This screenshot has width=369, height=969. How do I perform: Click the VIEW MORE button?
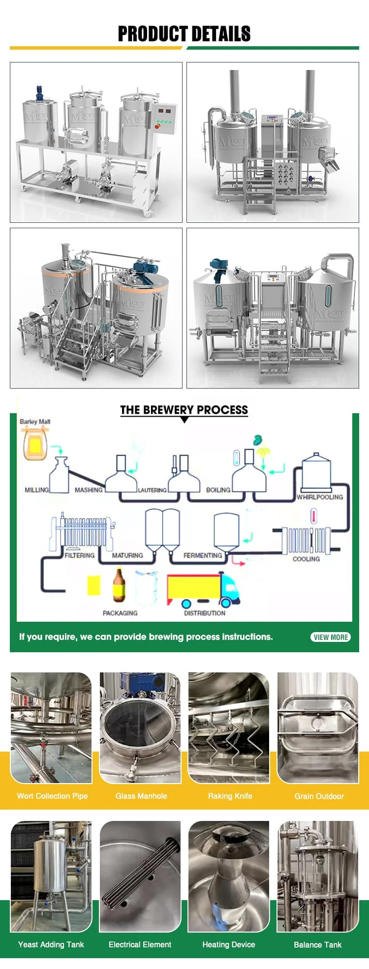pyautogui.click(x=331, y=637)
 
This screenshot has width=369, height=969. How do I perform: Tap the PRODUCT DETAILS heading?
pyautogui.click(x=184, y=34)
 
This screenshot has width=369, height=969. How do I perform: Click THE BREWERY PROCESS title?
pyautogui.click(x=184, y=410)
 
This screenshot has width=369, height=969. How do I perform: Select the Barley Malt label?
pyautogui.click(x=35, y=422)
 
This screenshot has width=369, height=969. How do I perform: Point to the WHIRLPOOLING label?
pyautogui.click(x=320, y=497)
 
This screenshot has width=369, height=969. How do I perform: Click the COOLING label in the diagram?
pyautogui.click(x=306, y=559)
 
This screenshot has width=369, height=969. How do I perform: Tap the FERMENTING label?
pyautogui.click(x=203, y=555)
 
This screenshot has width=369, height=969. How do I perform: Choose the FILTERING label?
pyautogui.click(x=80, y=555)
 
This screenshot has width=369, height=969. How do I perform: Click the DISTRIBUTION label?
pyautogui.click(x=205, y=613)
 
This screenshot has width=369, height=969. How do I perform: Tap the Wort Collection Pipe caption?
pyautogui.click(x=52, y=796)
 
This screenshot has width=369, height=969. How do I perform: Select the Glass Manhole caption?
pyautogui.click(x=141, y=796)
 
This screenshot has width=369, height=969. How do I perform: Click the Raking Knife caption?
pyautogui.click(x=230, y=796)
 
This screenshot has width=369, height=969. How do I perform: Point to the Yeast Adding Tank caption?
pyautogui.click(x=51, y=944)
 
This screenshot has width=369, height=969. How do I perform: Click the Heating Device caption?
pyautogui.click(x=229, y=944)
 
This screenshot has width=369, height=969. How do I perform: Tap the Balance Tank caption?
pyautogui.click(x=318, y=944)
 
